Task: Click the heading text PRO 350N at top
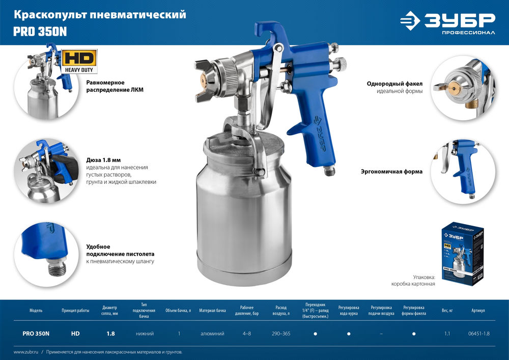click(40, 32)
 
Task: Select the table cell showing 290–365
click(281, 334)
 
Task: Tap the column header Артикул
click(478, 310)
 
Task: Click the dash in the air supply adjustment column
click(382, 334)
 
